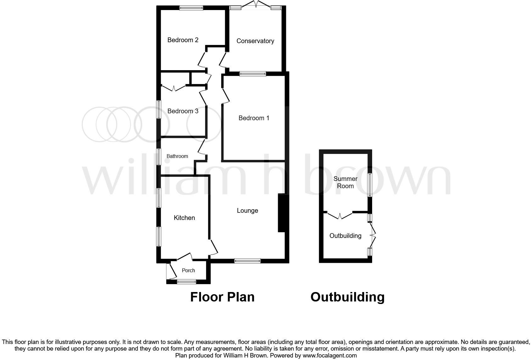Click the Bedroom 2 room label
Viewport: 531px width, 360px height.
183,40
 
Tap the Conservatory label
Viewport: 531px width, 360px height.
255,41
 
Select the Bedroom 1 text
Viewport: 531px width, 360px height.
254,118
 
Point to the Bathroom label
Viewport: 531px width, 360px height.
177,156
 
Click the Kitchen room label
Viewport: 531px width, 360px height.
184,218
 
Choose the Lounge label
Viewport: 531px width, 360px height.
247,211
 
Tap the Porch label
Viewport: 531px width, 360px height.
188,270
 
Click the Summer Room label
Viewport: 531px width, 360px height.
345,182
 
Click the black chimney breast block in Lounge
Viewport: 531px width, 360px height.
281,213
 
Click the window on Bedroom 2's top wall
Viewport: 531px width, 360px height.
191,8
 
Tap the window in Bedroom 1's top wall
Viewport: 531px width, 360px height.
253,74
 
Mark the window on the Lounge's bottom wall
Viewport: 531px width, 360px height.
248,261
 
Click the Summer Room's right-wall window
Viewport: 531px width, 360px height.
370,185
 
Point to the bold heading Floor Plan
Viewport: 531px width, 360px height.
222,297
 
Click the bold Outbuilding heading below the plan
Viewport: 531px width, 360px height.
347,297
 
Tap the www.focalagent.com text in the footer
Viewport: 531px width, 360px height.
330,356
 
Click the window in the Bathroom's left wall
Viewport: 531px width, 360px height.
159,156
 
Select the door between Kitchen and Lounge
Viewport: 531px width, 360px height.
214,247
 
